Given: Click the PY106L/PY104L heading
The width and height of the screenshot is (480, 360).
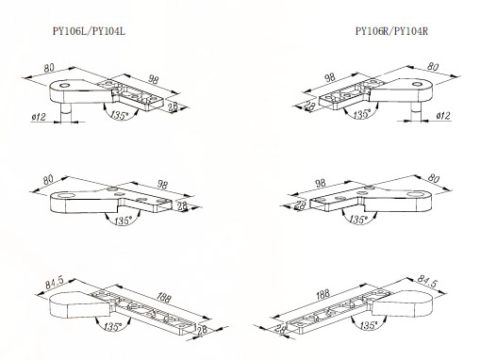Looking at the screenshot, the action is (89, 31).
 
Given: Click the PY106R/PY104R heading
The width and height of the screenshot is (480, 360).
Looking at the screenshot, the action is (391, 31).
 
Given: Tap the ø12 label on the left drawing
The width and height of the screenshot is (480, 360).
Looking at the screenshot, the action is (39, 117).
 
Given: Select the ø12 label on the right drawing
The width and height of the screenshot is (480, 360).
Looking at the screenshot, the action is (443, 116).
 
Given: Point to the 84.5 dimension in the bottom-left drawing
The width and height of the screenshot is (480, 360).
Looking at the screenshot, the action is (55, 282).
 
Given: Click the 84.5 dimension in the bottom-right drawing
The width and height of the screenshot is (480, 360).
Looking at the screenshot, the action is (427, 281).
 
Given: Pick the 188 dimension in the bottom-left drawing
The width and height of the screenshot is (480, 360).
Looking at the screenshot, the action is (164, 297).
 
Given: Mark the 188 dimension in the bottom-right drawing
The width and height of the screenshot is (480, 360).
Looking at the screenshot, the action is (323, 294).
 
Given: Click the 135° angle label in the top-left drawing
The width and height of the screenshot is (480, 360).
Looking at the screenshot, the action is (120, 114).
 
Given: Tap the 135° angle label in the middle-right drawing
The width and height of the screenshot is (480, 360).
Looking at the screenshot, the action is (358, 219).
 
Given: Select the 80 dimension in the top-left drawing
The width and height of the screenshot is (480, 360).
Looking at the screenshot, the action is (49, 68).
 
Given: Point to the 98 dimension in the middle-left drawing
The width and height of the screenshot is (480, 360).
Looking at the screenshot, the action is (162, 185).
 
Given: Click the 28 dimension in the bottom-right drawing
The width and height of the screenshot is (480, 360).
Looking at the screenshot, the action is (280, 329).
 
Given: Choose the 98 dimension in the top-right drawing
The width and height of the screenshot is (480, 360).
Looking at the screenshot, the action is (330, 77).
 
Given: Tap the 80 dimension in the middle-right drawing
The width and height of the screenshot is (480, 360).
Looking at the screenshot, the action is (434, 178).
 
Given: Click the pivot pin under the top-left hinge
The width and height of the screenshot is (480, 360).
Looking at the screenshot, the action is (66, 112).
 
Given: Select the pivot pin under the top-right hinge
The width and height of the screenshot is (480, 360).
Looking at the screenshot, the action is (416, 111).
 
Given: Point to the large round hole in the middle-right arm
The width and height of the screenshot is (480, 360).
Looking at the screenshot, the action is (415, 194).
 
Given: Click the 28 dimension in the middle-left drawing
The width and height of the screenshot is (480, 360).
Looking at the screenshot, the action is (182, 206).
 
